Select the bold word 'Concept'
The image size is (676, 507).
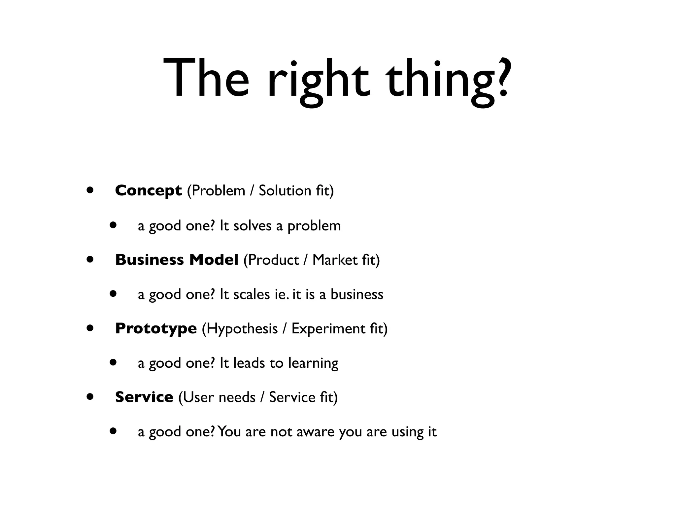point(148,190)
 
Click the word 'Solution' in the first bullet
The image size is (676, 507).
point(285,190)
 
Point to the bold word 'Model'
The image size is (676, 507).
point(214,260)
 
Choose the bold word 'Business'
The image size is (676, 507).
point(150,260)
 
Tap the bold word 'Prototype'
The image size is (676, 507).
point(156,328)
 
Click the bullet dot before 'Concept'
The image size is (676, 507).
point(89,190)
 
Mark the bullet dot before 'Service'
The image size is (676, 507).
point(89,397)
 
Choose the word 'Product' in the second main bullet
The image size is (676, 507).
point(273,260)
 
